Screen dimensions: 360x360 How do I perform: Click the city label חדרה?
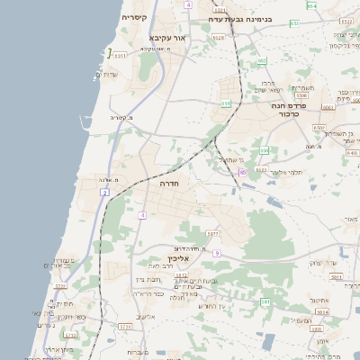(169, 183)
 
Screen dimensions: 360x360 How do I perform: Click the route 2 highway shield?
(105, 193)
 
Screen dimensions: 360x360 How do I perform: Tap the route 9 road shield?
(217, 253)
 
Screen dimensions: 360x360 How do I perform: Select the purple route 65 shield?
(242, 171)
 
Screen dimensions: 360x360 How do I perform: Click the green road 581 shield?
(265, 303)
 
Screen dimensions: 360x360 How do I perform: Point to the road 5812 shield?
(181, 275)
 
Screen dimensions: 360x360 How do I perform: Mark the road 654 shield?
(311, 6)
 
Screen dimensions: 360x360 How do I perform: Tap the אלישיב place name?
(145, 317)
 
